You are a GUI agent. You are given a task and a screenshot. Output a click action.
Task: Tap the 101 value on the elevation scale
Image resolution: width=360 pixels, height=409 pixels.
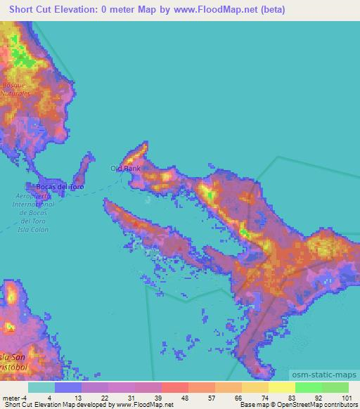click(x=344, y=397)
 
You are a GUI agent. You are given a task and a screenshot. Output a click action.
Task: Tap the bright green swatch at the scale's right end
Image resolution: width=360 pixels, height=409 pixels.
click(x=335, y=387)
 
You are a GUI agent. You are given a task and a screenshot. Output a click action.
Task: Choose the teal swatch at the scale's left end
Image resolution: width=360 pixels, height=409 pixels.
click(x=41, y=387)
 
